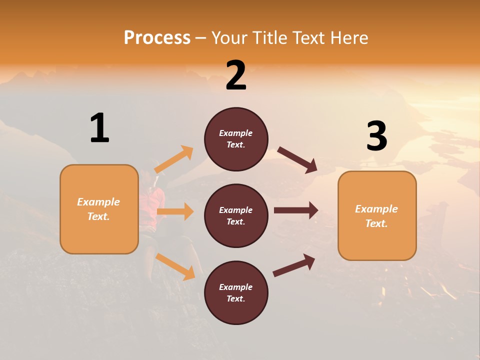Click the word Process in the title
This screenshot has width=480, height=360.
click(157, 38)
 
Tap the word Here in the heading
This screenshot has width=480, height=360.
click(347, 38)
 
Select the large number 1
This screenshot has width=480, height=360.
click(99, 128)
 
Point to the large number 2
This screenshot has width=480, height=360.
click(236, 75)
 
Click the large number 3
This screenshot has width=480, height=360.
click(376, 136)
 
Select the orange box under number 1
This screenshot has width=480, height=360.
click(99, 209)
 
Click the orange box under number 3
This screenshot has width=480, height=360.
click(377, 216)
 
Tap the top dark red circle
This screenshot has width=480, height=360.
click(236, 139)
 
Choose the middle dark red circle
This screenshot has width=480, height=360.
click(236, 216)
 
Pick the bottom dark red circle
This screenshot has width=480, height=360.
click(236, 292)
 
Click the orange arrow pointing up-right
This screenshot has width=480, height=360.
click(174, 159)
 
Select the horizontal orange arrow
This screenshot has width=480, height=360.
click(175, 211)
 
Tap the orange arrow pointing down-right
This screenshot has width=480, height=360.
click(175, 266)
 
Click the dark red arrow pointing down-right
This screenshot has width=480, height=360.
click(297, 160)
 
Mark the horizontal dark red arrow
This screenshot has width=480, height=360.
click(296, 210)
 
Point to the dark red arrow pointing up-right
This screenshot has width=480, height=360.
click(294, 265)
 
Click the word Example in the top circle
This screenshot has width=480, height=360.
click(236, 133)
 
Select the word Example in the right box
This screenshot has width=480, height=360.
click(376, 209)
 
